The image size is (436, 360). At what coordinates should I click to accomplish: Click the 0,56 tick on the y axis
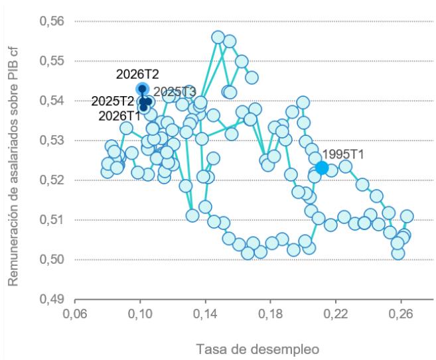(x=52, y=21)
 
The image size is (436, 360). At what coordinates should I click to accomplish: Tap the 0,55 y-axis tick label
(x=52, y=61)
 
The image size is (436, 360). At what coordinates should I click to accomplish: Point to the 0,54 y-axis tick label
(x=52, y=101)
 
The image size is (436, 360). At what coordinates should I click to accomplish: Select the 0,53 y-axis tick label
(x=52, y=141)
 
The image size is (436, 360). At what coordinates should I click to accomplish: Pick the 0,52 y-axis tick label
(x=52, y=180)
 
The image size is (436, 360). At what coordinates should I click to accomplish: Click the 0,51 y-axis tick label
(x=52, y=219)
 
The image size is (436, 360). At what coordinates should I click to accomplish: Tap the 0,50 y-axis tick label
(x=52, y=259)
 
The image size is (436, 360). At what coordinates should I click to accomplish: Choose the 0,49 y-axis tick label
(x=52, y=299)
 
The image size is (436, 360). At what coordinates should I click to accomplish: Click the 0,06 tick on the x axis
(x=75, y=314)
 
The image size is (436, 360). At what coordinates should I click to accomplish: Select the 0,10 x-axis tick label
(x=140, y=314)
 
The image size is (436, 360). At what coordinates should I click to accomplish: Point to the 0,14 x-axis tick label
(x=206, y=314)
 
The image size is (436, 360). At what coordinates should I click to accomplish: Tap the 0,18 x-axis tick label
(x=271, y=314)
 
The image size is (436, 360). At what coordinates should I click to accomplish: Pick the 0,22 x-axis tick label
(x=336, y=314)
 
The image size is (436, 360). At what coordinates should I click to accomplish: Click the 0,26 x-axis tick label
(x=401, y=314)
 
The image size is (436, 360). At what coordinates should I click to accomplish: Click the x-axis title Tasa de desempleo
(x=257, y=349)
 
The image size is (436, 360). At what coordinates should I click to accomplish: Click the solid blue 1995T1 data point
(x=322, y=168)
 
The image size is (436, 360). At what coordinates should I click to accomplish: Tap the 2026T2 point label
(x=137, y=74)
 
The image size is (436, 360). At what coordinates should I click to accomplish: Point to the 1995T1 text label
(x=343, y=154)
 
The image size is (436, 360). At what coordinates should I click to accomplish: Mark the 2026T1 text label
(x=119, y=116)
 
